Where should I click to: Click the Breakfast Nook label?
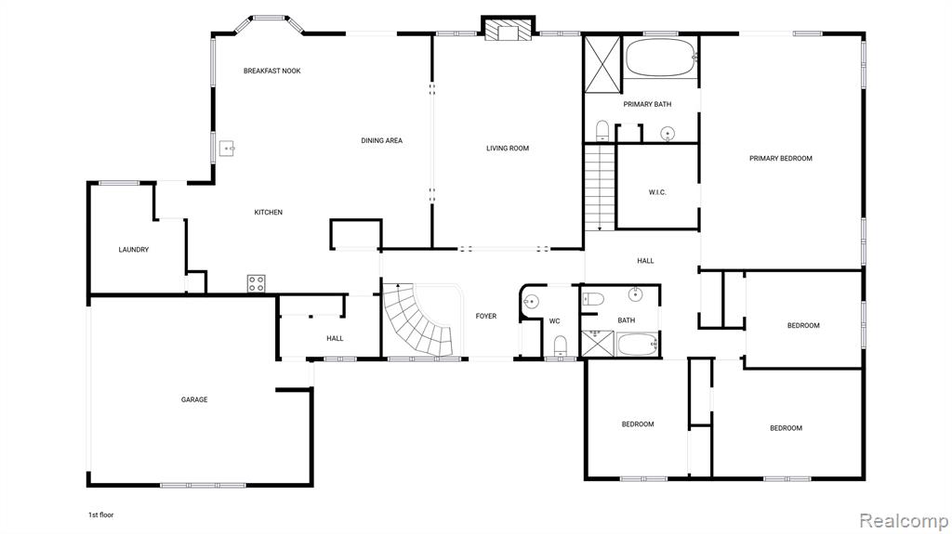[272, 71]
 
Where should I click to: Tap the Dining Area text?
[382, 141]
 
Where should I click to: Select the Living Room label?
[508, 148]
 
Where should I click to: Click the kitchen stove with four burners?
[257, 283]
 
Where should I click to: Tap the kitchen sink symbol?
[227, 149]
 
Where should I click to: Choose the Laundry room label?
[134, 250]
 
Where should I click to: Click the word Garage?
[194, 400]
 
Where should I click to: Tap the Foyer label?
[485, 316]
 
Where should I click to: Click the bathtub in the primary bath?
[661, 58]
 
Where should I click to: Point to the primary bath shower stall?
[602, 64]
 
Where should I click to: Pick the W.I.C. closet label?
[657, 192]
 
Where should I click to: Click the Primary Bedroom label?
[781, 159]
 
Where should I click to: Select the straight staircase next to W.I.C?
[600, 188]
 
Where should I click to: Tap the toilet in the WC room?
[561, 345]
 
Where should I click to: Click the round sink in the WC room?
[531, 301]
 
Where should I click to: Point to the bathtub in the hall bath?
[638, 345]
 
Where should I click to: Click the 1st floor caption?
[100, 514]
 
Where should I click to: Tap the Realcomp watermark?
[904, 521]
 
